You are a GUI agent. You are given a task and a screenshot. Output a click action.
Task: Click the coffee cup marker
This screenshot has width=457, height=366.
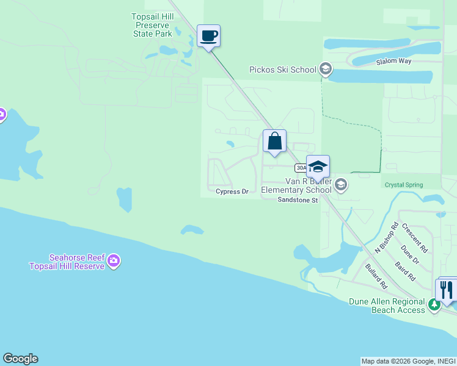coord(208,36)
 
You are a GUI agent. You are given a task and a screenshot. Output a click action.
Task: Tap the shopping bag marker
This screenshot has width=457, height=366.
coord(274,141)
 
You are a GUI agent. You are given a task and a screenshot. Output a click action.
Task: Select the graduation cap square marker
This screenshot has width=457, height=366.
coord(318,167)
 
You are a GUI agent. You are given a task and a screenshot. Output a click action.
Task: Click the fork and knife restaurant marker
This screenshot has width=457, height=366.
coord(447,289)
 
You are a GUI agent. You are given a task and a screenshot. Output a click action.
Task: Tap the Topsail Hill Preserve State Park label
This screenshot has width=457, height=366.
coord(153,25)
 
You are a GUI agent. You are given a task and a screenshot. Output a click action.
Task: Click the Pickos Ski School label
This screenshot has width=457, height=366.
coord(283,70)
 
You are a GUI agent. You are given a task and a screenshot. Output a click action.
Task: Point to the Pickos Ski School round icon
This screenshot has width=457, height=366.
coord(326,70)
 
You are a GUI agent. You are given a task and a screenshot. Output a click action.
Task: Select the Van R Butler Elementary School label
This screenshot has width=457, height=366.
coord(297,185)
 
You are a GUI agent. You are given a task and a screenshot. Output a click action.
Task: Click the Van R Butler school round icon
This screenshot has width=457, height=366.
coord(341,184)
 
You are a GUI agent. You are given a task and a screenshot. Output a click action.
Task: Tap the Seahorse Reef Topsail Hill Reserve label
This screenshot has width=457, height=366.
coord(67,262)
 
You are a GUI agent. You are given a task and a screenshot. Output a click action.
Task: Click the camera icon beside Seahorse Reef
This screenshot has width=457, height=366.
coord(113,262)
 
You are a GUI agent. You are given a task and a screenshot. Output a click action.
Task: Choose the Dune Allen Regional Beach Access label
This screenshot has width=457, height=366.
coord(387,306)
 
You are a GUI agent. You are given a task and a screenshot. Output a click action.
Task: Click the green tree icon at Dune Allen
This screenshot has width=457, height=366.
coord(434,304)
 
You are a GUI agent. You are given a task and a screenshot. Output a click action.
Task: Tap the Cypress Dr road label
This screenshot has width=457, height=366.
coord(232,192)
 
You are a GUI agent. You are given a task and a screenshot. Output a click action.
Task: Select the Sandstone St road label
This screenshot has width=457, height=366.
coord(298,199)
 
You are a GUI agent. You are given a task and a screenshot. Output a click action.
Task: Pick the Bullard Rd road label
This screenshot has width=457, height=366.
coord(376,276)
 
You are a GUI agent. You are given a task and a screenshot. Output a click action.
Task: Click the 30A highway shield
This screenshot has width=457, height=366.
coord(301,168)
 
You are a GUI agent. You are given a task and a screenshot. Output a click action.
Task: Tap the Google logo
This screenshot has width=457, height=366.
coord(20,359)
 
